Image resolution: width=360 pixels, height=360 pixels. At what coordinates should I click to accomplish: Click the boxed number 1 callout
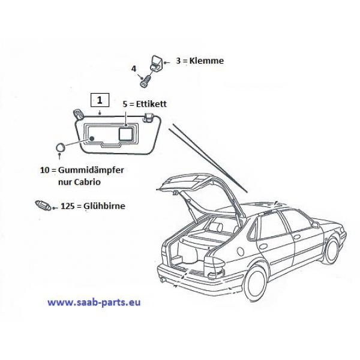pyautogui.click(x=100, y=99)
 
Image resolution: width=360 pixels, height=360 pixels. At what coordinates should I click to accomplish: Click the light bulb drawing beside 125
pyautogui.click(x=41, y=205)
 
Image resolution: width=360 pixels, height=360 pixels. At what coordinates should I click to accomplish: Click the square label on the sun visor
pyautogui.click(x=127, y=133)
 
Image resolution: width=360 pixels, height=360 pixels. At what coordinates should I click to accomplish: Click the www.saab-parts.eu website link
pyautogui.click(x=94, y=302)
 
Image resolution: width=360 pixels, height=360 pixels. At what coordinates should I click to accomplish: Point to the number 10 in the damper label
pyautogui.click(x=44, y=170)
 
